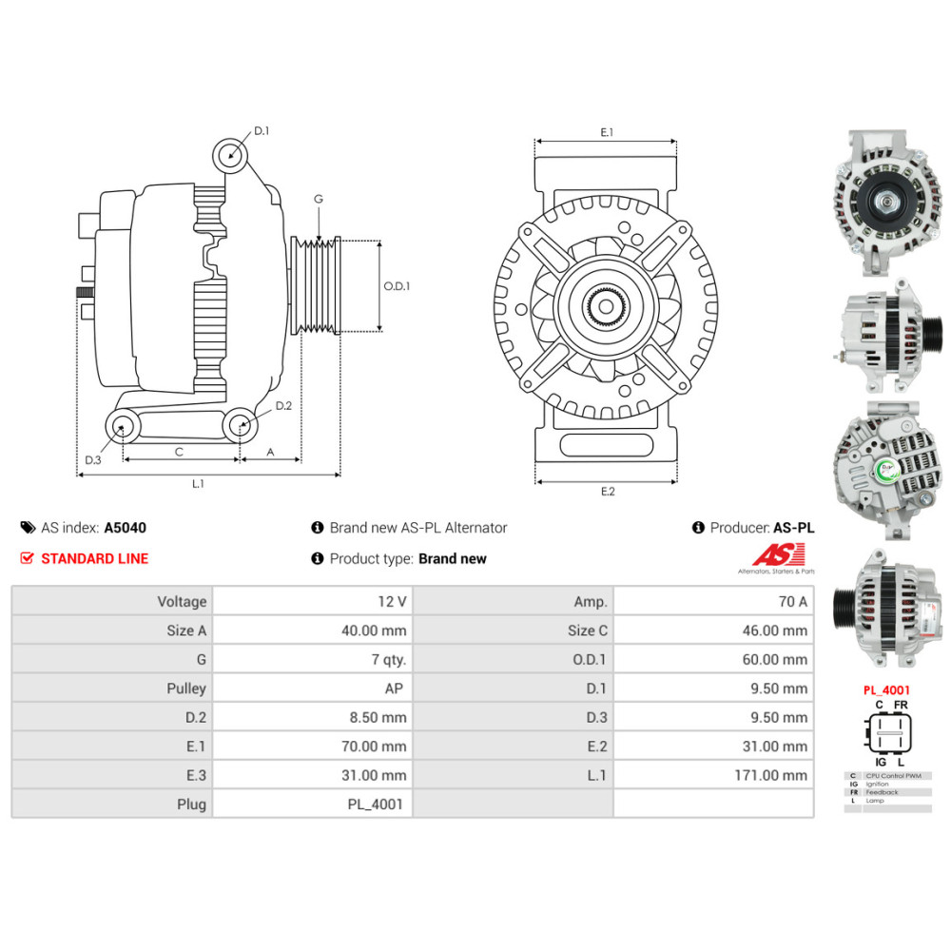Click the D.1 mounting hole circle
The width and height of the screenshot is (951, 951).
point(229,153)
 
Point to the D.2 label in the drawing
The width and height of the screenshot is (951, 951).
point(283,406)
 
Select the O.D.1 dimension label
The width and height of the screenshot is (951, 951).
point(397,286)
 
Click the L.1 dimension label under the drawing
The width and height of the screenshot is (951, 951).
point(198,484)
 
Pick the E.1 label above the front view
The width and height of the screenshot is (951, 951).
point(607,133)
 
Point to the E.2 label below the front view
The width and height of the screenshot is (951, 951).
point(608,491)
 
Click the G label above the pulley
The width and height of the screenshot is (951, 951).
point(319,200)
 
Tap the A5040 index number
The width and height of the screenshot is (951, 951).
point(126,528)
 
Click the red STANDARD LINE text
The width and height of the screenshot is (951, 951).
point(94,558)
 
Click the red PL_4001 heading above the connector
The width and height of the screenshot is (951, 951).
point(886,690)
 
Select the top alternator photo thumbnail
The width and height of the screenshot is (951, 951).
point(886,204)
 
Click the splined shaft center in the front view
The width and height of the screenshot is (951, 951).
point(606,306)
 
